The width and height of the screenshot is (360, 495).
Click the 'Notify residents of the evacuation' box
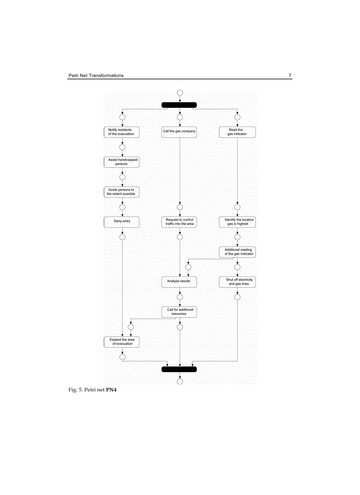pyautogui.click(x=121, y=132)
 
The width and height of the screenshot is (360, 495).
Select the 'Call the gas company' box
pyautogui.click(x=179, y=132)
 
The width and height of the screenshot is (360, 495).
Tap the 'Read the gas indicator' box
pyautogui.click(x=237, y=132)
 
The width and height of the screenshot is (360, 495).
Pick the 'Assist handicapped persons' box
pyautogui.click(x=121, y=162)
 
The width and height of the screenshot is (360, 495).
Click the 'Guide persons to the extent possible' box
pyautogui.click(x=121, y=192)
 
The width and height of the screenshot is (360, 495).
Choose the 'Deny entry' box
pyautogui.click(x=121, y=221)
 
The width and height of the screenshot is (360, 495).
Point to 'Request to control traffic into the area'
pyautogui.click(x=179, y=222)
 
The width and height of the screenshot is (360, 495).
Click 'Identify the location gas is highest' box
pyautogui.click(x=237, y=222)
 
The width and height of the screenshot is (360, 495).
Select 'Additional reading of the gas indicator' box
pyautogui.click(x=238, y=252)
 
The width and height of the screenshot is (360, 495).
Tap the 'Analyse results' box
pyautogui.click(x=179, y=281)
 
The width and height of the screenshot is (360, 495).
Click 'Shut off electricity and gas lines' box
pyautogui.click(x=238, y=282)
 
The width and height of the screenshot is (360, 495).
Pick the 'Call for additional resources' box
pyautogui.click(x=179, y=312)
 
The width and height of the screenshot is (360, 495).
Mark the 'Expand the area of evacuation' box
pyautogui.click(x=121, y=342)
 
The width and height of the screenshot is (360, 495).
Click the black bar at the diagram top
pyautogui.click(x=179, y=105)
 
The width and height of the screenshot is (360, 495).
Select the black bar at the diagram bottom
pyautogui.click(x=179, y=369)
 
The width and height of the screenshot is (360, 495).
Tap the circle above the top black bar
pyautogui.click(x=180, y=93)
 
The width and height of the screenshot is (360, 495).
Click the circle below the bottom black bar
pyautogui.click(x=180, y=381)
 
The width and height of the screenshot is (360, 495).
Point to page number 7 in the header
pyautogui.click(x=290, y=75)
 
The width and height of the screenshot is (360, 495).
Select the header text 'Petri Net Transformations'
pyautogui.click(x=96, y=75)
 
